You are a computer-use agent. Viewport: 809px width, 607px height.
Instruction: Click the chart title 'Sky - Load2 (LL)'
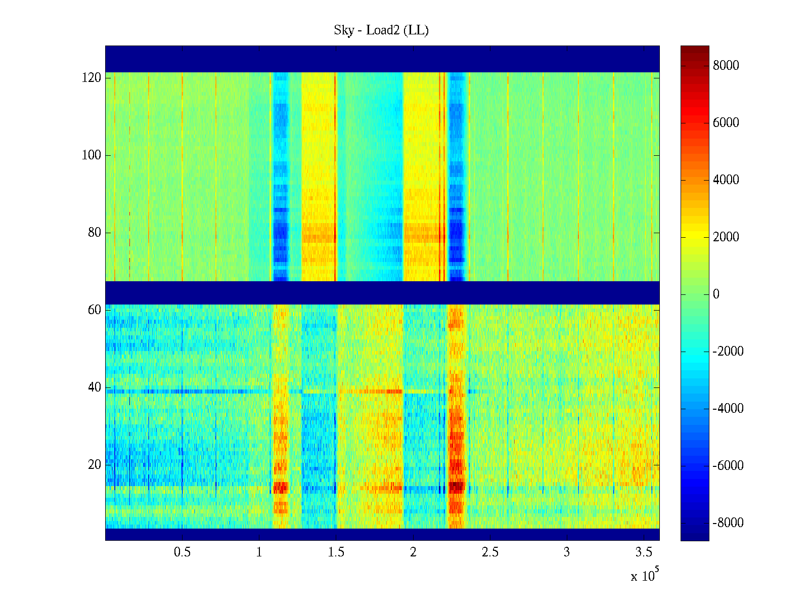381,30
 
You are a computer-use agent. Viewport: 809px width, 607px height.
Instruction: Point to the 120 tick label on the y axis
92,78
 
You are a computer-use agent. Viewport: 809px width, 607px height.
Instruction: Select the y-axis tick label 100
92,155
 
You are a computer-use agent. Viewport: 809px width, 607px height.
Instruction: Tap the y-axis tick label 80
95,233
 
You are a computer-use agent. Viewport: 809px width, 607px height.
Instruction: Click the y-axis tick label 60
95,310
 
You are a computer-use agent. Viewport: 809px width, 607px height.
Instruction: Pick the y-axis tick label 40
95,387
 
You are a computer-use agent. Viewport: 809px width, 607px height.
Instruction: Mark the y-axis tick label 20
95,465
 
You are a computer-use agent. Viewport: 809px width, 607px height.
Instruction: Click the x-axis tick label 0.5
182,552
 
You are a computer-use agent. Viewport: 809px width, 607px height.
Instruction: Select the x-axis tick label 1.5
336,552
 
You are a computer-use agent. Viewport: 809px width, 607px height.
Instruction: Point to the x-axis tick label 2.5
490,552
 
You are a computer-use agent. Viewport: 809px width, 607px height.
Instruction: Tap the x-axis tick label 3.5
644,552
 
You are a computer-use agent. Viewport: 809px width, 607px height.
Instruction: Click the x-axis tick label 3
567,552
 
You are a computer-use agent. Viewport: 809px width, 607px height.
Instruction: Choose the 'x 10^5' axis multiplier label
645,575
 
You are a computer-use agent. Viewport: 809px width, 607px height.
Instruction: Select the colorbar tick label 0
716,294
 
